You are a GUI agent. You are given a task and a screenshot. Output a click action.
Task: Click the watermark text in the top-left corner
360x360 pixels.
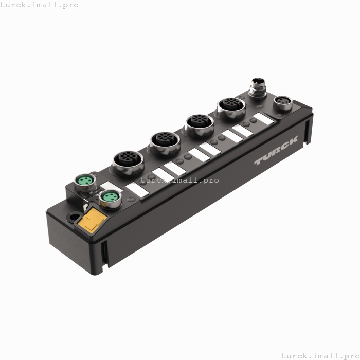tap(40, 5)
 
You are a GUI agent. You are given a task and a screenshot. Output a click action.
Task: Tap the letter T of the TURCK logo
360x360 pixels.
tap(258, 162)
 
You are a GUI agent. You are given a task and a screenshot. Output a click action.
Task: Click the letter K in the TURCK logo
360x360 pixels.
tap(293, 145)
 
